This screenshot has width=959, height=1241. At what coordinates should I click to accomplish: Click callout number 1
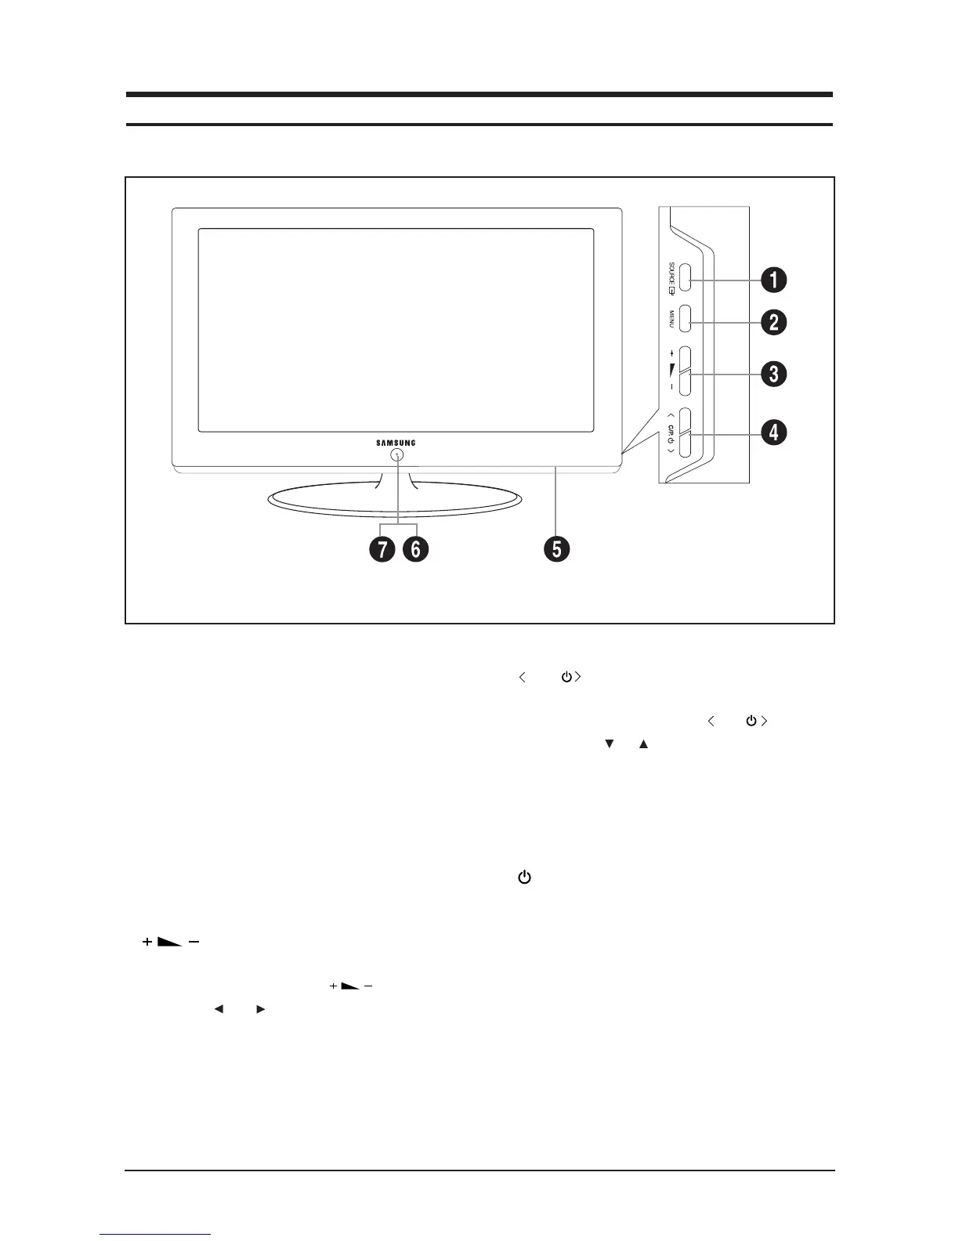774,280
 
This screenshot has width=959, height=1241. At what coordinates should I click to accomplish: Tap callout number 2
774,322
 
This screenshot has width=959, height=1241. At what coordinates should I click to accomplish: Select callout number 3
774,374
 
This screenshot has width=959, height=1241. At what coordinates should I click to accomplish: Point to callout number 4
774,432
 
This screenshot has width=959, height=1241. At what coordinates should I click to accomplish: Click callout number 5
556,549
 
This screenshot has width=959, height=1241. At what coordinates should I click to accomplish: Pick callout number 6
415,549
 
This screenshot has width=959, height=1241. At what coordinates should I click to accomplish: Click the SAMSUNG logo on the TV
396,443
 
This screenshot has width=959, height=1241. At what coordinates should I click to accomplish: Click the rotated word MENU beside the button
671,319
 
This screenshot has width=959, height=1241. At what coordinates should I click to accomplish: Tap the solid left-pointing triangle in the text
219,1010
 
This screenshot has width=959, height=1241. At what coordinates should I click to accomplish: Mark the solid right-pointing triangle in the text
261,1010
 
